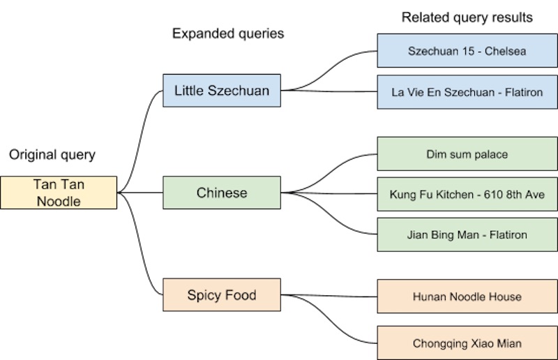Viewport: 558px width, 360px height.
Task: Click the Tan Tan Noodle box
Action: pyautogui.click(x=59, y=193)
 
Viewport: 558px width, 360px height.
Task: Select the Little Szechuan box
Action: pyautogui.click(x=222, y=91)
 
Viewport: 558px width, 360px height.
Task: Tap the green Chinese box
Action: pyautogui.click(x=222, y=193)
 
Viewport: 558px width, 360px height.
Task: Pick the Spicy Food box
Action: pyautogui.click(x=222, y=295)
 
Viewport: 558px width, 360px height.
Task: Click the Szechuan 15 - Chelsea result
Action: pyautogui.click(x=467, y=51)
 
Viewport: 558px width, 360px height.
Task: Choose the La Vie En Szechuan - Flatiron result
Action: pyautogui.click(x=467, y=92)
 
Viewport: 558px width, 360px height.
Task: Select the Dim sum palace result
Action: pyautogui.click(x=467, y=153)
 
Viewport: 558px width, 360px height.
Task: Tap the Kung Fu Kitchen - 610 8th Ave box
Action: pyautogui.click(x=467, y=195)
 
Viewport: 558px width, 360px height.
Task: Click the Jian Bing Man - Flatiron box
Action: pyautogui.click(x=467, y=235)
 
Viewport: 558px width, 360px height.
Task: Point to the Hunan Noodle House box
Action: pyautogui.click(x=467, y=297)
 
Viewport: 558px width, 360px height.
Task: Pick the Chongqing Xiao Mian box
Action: pyautogui.click(x=467, y=343)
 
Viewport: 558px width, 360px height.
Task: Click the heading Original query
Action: pyautogui.click(x=52, y=155)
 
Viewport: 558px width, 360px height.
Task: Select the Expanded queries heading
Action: pyautogui.click(x=228, y=33)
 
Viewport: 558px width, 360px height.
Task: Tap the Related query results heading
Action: pyautogui.click(x=467, y=17)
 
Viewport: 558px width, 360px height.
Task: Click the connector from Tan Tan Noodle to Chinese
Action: pyautogui.click(x=139, y=193)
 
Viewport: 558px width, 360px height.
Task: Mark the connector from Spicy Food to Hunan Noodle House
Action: pyautogui.click(x=328, y=296)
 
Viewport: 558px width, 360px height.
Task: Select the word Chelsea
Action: pyautogui.click(x=507, y=51)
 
